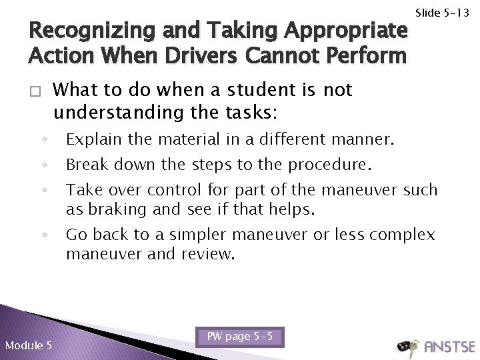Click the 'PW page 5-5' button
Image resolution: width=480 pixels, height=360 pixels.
point(240,319)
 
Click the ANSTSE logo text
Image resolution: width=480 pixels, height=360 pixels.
point(448,346)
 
